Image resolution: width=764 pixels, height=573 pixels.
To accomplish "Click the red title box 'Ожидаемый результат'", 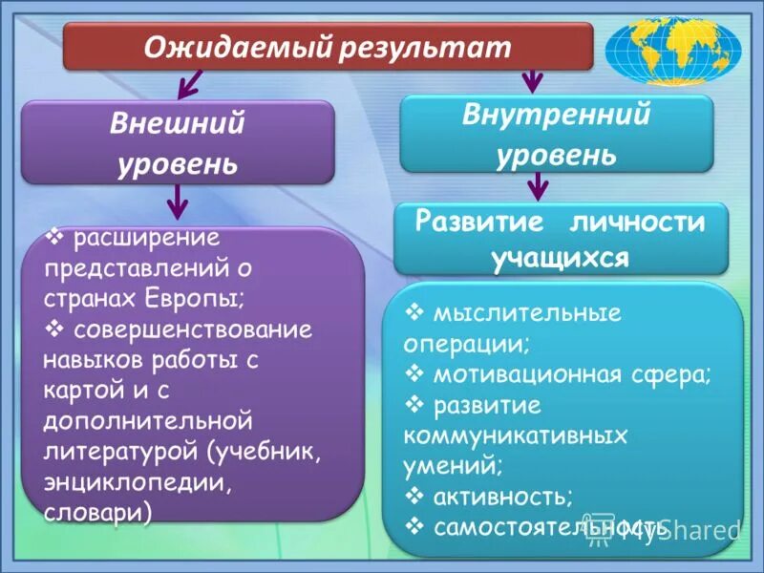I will click(x=328, y=47).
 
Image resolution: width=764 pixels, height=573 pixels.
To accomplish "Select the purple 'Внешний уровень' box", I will click(x=178, y=142).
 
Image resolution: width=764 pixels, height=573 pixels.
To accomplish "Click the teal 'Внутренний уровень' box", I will click(x=555, y=133).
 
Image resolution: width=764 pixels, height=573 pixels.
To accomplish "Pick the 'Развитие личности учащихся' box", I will click(x=561, y=240).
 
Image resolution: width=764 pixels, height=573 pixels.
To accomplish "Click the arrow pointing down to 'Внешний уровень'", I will click(x=187, y=87).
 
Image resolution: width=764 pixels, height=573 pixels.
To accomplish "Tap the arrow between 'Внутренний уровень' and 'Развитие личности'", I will click(x=540, y=185).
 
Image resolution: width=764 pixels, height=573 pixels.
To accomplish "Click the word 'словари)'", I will click(x=97, y=512).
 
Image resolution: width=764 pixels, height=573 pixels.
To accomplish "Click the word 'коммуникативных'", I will click(x=516, y=436).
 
